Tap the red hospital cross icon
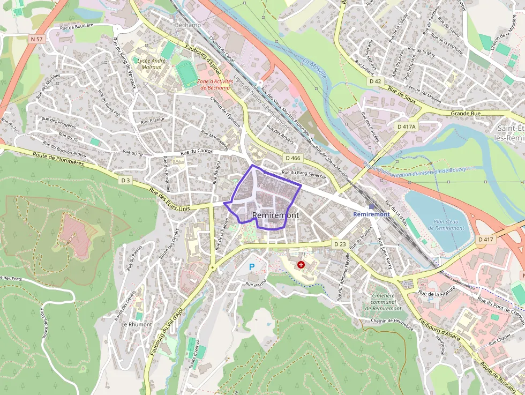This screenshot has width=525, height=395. click(301, 265)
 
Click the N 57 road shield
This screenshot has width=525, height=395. click(37, 39)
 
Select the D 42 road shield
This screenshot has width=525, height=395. click(376, 81)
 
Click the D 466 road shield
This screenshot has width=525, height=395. click(293, 158)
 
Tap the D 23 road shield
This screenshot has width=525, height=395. click(339, 244)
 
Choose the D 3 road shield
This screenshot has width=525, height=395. click(125, 181)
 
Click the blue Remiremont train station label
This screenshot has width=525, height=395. click(371, 214)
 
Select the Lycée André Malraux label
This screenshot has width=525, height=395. click(152, 64)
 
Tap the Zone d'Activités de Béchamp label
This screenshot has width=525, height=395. click(214, 84)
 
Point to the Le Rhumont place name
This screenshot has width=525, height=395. click(136, 324)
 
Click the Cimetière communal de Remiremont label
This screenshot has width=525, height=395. click(383, 302)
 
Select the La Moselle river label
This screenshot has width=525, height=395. click(314, 69)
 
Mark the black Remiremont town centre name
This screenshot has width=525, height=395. click(275, 215)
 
